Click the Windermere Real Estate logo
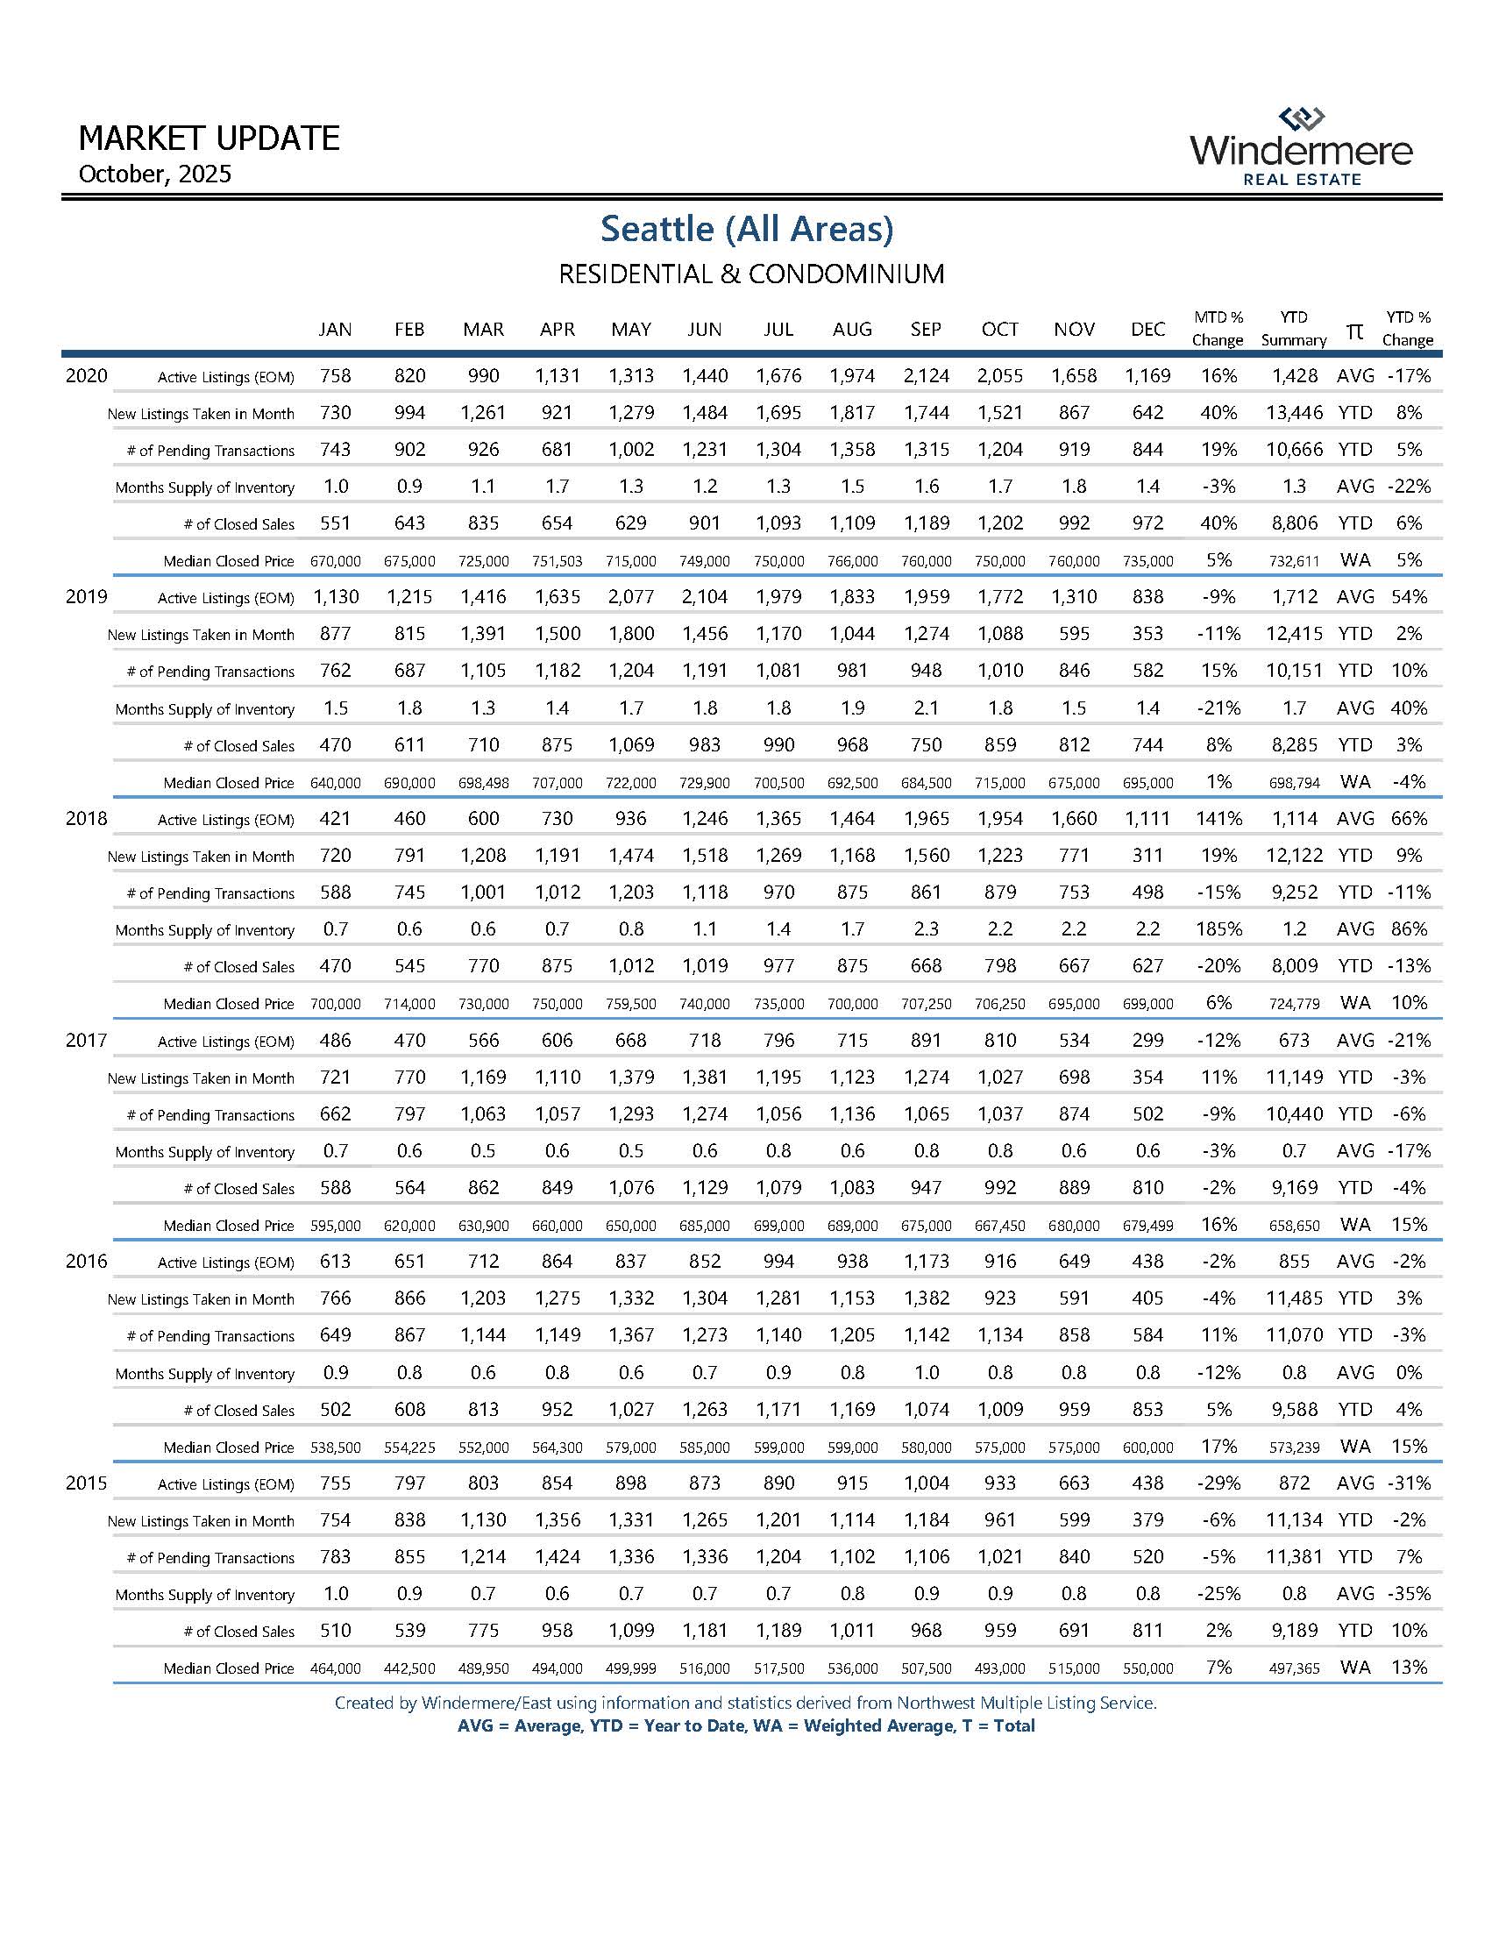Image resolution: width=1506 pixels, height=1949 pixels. (x=1301, y=147)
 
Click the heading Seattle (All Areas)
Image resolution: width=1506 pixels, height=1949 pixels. (x=747, y=229)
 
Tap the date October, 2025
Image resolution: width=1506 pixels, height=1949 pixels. (x=155, y=173)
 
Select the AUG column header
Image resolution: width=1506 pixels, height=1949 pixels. (x=852, y=330)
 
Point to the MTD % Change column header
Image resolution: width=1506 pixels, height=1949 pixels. (x=1218, y=329)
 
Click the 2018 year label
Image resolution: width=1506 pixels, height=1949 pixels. (x=87, y=818)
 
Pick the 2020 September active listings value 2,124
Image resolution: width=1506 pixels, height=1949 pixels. (x=926, y=376)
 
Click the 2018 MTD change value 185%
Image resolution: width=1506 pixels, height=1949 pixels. (x=1218, y=929)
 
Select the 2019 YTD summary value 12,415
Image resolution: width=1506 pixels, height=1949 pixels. (x=1294, y=634)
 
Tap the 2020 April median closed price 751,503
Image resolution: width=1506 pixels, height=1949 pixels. (x=558, y=561)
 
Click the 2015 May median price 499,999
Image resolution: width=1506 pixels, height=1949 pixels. (x=631, y=1668)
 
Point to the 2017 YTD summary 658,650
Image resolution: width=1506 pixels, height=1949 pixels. (x=1294, y=1227)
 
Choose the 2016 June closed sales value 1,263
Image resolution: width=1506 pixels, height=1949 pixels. (x=705, y=1409)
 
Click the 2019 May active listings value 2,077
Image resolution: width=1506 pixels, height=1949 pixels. (x=631, y=597)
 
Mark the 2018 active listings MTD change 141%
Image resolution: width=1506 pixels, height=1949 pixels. (x=1218, y=818)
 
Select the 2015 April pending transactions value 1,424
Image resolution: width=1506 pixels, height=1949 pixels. (x=558, y=1556)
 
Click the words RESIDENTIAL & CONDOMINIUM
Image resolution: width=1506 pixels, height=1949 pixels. (x=751, y=273)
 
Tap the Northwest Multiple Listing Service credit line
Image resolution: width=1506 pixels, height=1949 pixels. (x=745, y=1703)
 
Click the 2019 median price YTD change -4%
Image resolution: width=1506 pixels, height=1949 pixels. (x=1409, y=782)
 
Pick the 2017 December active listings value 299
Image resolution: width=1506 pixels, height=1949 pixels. (x=1147, y=1040)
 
